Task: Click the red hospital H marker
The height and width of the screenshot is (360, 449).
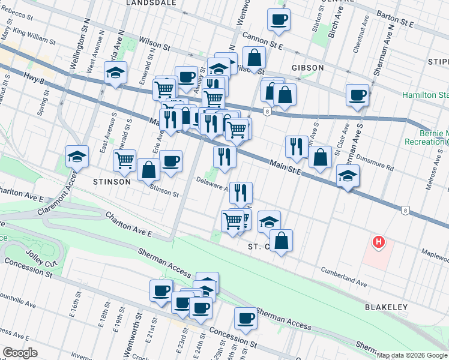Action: (378, 242)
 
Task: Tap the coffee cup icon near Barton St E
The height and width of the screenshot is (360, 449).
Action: (279, 20)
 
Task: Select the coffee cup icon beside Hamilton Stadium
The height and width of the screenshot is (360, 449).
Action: (358, 95)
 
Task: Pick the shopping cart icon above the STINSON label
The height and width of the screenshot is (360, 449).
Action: (124, 160)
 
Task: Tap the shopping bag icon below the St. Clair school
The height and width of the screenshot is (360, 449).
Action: (281, 241)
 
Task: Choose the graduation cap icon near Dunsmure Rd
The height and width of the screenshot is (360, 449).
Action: (348, 176)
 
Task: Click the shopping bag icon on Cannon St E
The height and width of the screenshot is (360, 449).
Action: (255, 58)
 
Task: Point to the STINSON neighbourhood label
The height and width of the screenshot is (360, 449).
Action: (111, 181)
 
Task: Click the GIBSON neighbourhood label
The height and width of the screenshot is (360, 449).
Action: (307, 68)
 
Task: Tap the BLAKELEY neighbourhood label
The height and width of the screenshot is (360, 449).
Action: (386, 307)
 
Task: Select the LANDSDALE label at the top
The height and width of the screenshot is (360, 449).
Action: (151, 3)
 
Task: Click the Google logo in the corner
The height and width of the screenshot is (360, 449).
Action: (20, 353)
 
